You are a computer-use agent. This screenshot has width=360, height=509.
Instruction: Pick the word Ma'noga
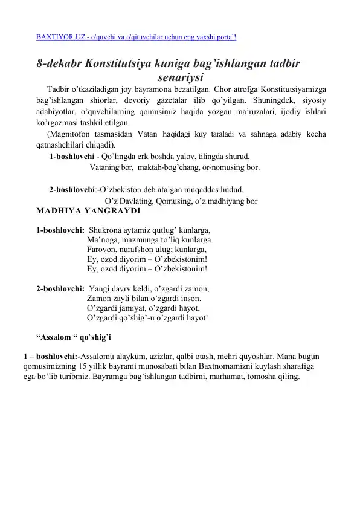(103, 239)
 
